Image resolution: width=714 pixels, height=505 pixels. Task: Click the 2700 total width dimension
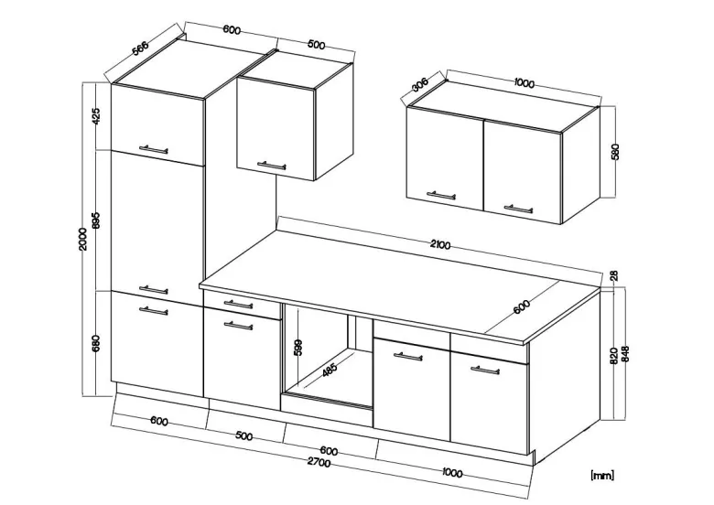pyautogui.click(x=319, y=463)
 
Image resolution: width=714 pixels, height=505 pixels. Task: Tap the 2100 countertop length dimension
pyautogui.click(x=440, y=245)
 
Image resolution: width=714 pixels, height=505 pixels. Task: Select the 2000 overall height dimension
pyautogui.click(x=82, y=240)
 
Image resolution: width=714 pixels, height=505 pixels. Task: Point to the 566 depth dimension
pyautogui.click(x=140, y=48)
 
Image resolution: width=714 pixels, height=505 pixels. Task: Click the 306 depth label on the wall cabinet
pyautogui.click(x=420, y=85)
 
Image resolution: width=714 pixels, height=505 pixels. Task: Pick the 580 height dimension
pyautogui.click(x=616, y=152)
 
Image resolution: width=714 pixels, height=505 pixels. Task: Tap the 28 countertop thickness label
pyautogui.click(x=614, y=275)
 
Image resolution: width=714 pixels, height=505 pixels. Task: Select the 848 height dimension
pyautogui.click(x=624, y=354)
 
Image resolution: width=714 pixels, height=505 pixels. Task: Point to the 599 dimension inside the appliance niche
pyautogui.click(x=298, y=348)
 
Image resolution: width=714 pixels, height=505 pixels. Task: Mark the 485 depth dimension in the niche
pyautogui.click(x=330, y=370)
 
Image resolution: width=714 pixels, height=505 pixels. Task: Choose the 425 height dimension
pyautogui.click(x=95, y=116)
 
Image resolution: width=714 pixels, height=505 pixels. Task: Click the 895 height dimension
pyautogui.click(x=95, y=220)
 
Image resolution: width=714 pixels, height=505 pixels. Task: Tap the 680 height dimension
pyautogui.click(x=95, y=343)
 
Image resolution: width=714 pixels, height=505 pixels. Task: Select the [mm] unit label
pyautogui.click(x=602, y=476)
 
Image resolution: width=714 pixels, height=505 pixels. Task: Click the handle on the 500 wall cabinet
pyautogui.click(x=271, y=166)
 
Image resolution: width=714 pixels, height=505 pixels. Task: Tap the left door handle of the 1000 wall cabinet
pyautogui.click(x=441, y=195)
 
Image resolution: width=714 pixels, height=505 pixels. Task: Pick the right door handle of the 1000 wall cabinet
pyautogui.click(x=518, y=209)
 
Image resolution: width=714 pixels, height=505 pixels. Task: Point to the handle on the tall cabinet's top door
pyautogui.click(x=154, y=149)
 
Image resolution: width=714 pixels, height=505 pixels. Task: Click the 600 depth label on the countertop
pyautogui.click(x=522, y=307)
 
